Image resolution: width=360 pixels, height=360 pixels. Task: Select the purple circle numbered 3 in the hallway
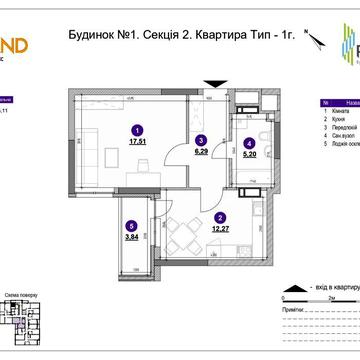201,140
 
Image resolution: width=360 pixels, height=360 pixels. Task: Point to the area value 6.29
201,152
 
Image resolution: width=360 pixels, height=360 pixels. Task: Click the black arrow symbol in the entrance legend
290,284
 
